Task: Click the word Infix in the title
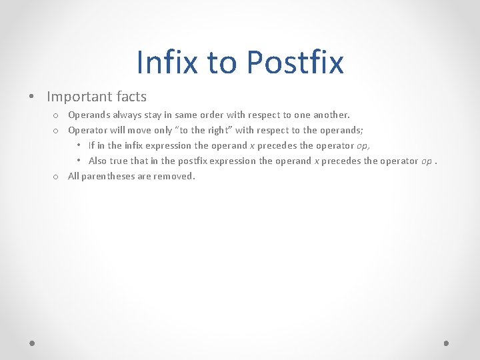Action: point(167,62)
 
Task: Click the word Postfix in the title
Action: point(295,62)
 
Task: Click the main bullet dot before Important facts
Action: point(33,97)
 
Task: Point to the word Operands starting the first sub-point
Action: point(88,115)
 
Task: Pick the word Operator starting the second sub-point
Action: point(87,130)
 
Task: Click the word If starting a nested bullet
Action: point(91,145)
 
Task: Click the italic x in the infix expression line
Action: point(251,145)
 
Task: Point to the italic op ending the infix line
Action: point(363,145)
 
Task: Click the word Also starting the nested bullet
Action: point(97,161)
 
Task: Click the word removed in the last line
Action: point(174,176)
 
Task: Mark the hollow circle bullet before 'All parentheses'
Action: point(57,177)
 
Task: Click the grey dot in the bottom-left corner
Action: point(33,343)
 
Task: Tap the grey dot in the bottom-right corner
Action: point(446,343)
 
